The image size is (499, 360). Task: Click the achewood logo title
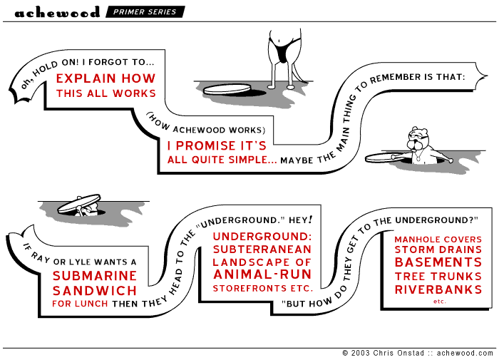57,12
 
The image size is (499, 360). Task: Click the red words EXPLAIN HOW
106,78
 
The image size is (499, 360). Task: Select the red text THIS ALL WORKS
106,93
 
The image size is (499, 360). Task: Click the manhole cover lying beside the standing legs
229,89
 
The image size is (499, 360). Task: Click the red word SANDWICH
95,291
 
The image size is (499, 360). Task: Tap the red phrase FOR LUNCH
80,304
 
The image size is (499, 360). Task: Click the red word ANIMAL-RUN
262,275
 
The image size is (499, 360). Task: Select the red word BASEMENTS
438,262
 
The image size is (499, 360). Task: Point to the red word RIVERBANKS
438,289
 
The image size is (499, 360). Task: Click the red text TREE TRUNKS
438,276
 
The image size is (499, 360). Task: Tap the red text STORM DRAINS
438,250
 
